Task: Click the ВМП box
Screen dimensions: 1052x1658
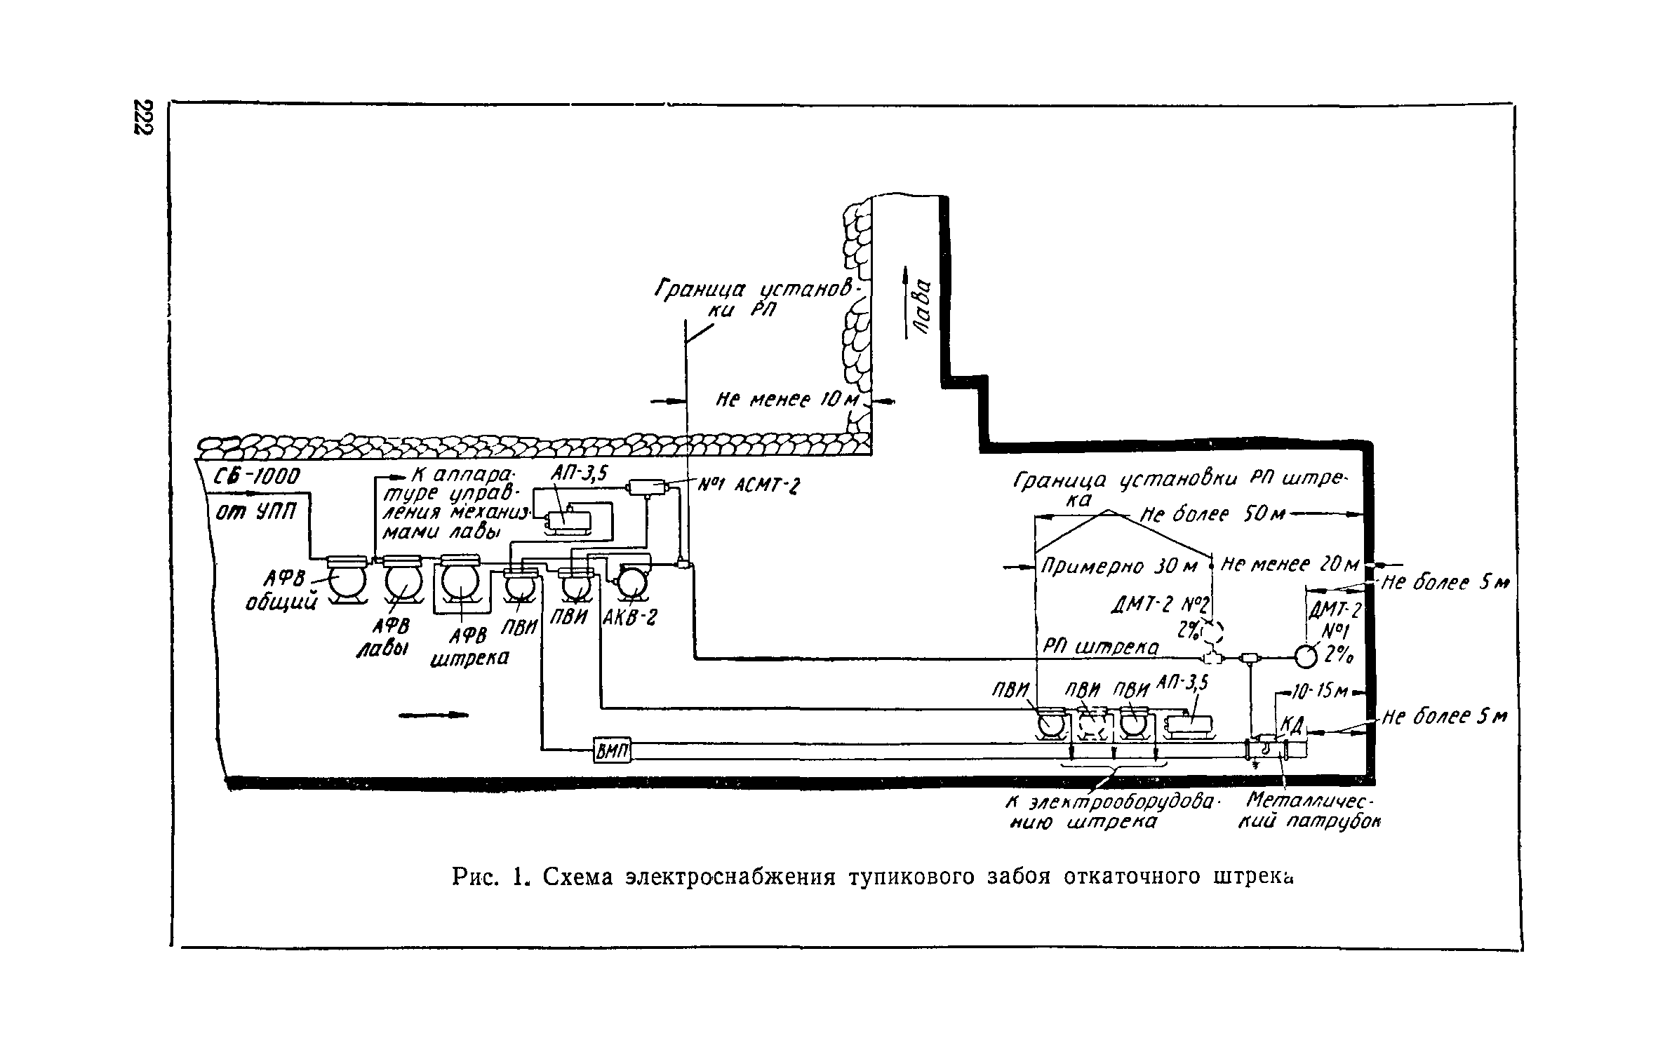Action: (613, 751)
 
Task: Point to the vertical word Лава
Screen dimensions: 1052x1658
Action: (924, 306)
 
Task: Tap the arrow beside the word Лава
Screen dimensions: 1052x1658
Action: (907, 302)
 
